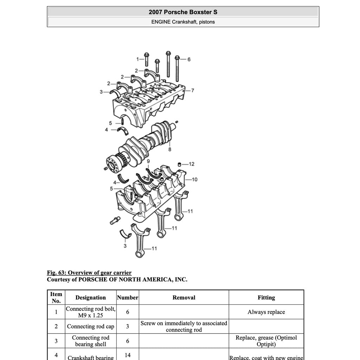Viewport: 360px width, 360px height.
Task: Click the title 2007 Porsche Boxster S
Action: click(x=183, y=12)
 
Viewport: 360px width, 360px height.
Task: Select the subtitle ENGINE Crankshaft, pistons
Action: click(x=183, y=22)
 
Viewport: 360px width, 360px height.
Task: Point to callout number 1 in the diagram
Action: click(x=138, y=59)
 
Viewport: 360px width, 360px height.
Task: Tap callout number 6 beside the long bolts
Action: click(x=189, y=59)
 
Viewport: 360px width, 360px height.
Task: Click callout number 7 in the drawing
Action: click(x=192, y=90)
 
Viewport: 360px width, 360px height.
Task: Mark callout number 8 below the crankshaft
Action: click(x=170, y=149)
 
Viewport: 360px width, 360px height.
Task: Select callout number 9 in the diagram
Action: click(x=148, y=161)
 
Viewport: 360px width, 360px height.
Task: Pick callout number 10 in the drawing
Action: click(x=194, y=179)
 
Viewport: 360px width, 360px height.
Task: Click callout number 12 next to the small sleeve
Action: click(x=191, y=164)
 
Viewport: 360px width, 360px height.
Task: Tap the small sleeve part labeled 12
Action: click(x=179, y=164)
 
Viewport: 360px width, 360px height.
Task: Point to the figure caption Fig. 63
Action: click(x=89, y=272)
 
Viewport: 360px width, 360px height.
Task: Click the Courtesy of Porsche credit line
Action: click(x=117, y=279)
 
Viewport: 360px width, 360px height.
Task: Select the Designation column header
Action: click(x=90, y=297)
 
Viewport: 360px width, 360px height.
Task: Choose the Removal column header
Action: click(x=184, y=297)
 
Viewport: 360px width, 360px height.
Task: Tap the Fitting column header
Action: click(x=266, y=297)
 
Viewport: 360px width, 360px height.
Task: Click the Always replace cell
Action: click(x=266, y=312)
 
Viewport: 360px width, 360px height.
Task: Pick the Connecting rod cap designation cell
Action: click(x=90, y=326)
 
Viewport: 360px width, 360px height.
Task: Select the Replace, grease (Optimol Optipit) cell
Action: click(x=266, y=341)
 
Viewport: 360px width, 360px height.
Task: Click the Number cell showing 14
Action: click(x=127, y=355)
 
